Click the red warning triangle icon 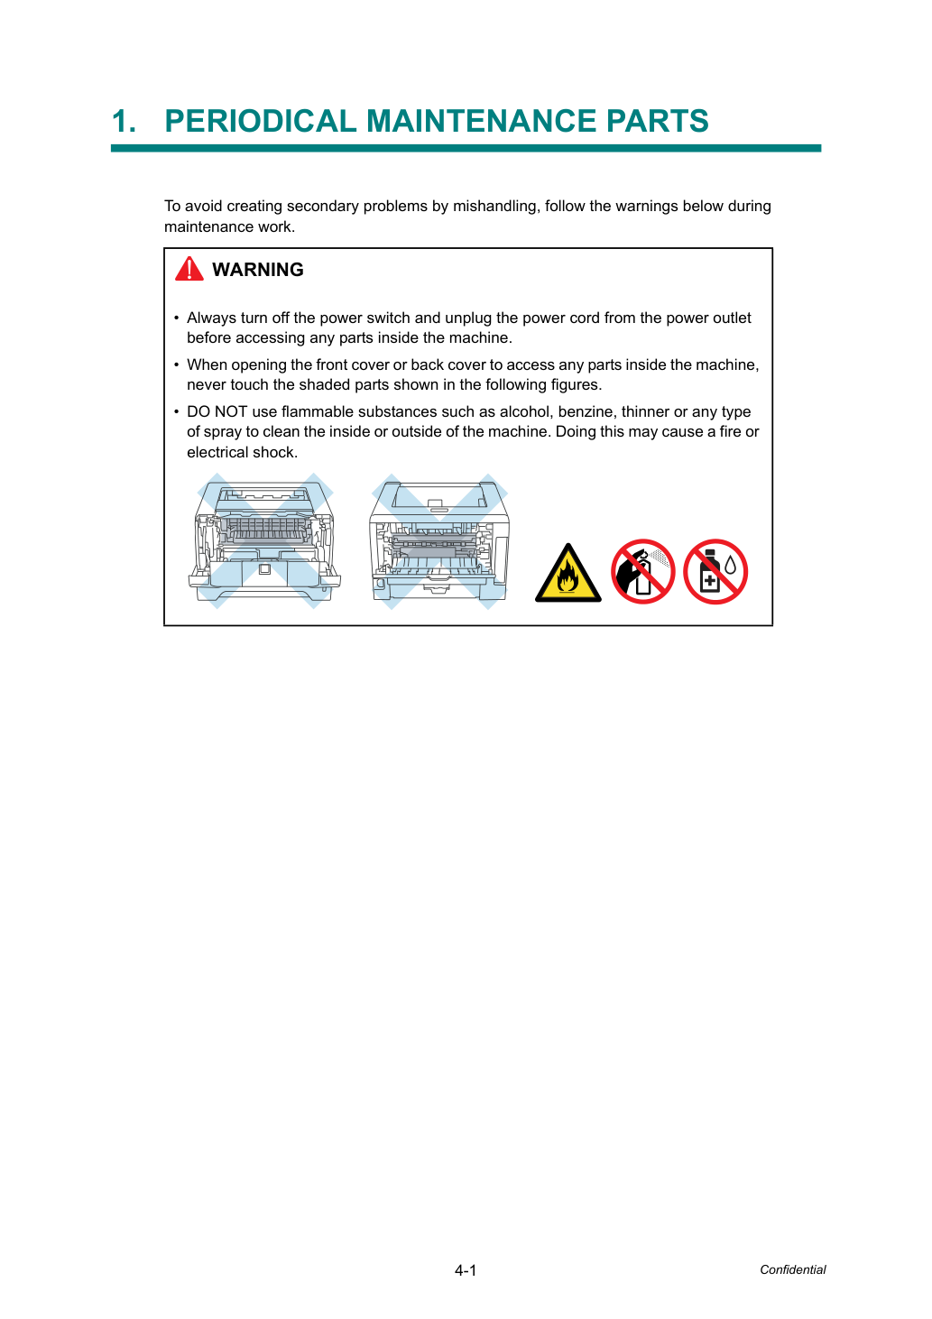tap(189, 269)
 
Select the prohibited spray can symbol tap(642, 571)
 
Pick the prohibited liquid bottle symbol tap(715, 571)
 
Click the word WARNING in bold tap(258, 270)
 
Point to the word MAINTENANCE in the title tap(481, 121)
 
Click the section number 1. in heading tap(124, 121)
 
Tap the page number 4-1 tap(466, 1270)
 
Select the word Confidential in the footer tap(792, 1269)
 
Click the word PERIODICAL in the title tap(260, 121)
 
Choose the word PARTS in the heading tap(657, 121)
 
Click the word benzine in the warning tap(585, 411)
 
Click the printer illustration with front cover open tap(264, 540)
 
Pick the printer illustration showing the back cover tap(439, 540)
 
